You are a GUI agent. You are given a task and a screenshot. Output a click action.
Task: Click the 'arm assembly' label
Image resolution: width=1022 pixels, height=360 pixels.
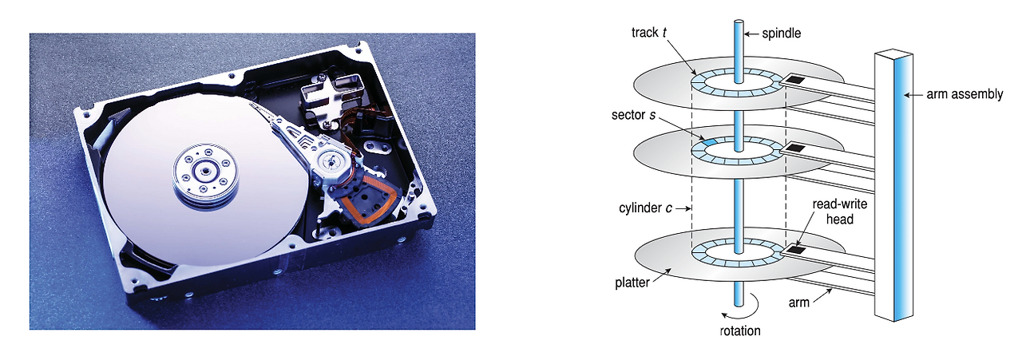tap(964, 94)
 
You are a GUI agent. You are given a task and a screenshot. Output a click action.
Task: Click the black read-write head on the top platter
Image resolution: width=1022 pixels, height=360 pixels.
tap(796, 80)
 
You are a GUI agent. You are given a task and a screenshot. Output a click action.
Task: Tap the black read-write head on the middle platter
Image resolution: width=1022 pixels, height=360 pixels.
tap(796, 148)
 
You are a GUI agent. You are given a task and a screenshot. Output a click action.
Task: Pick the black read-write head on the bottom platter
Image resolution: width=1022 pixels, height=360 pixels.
tap(796, 251)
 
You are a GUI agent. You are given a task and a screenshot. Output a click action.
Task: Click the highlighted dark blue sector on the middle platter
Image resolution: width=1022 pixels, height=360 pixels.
tap(707, 141)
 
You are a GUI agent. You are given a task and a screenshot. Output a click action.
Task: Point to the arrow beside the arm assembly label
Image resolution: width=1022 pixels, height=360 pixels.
tap(914, 94)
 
